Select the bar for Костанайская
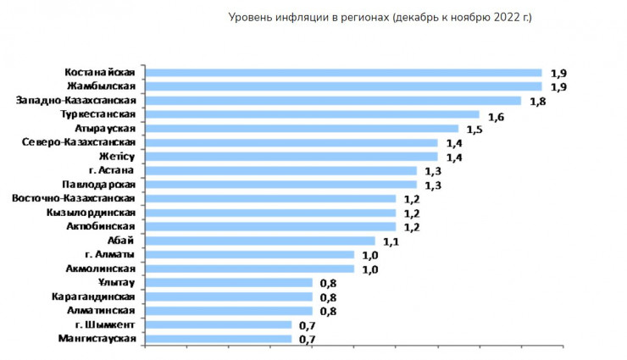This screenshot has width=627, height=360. (x=344, y=72)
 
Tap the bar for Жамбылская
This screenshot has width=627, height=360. (x=344, y=86)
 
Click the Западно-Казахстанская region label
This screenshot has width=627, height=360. (x=77, y=100)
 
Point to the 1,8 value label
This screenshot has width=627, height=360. (x=537, y=101)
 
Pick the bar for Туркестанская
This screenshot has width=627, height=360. (x=313, y=114)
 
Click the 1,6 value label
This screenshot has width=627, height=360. (x=496, y=115)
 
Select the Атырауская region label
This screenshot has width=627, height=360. (x=105, y=128)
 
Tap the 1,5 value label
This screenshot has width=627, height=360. (x=474, y=129)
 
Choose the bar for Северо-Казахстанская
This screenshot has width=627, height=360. (x=292, y=142)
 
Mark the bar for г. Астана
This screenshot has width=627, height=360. (x=281, y=170)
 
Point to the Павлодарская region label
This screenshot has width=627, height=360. (x=99, y=184)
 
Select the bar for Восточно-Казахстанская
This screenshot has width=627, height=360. (x=271, y=198)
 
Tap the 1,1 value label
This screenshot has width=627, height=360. (x=391, y=241)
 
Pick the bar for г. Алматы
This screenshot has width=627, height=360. (x=251, y=254)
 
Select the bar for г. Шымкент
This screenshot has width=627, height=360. (x=219, y=324)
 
